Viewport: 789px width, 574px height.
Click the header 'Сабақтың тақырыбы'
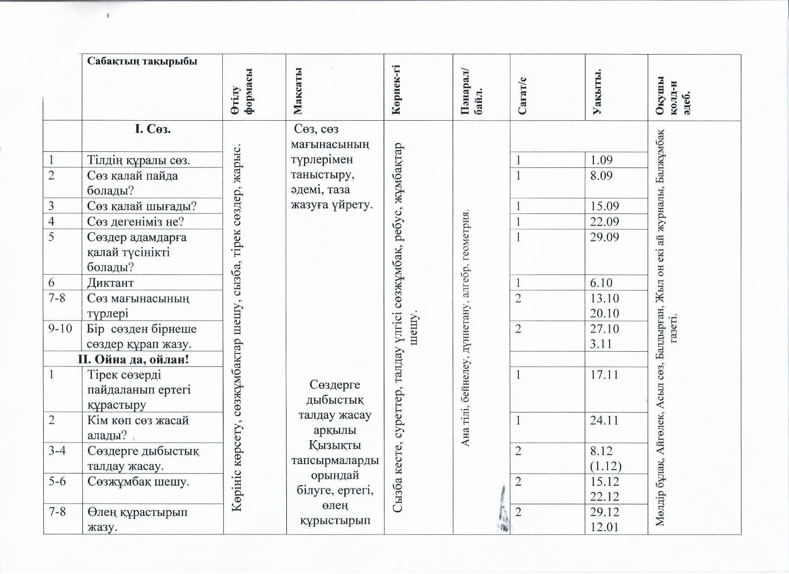coord(142,61)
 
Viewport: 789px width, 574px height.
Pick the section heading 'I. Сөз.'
coord(153,129)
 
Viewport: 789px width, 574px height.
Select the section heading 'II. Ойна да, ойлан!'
coord(133,359)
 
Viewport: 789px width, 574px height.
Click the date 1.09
coord(601,160)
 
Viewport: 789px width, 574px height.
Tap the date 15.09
coord(604,206)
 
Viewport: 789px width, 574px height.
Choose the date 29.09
coord(604,237)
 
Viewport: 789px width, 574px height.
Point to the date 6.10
coord(601,283)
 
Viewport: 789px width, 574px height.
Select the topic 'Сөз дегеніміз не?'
coord(135,221)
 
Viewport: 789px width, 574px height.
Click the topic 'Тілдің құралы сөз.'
coord(139,160)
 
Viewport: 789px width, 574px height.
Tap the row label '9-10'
coord(60,328)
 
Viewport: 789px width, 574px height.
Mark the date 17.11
coord(604,375)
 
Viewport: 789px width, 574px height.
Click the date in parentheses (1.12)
coord(605,466)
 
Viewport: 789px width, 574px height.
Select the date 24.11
coord(604,420)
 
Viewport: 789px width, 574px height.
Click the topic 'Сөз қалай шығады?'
coord(142,206)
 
